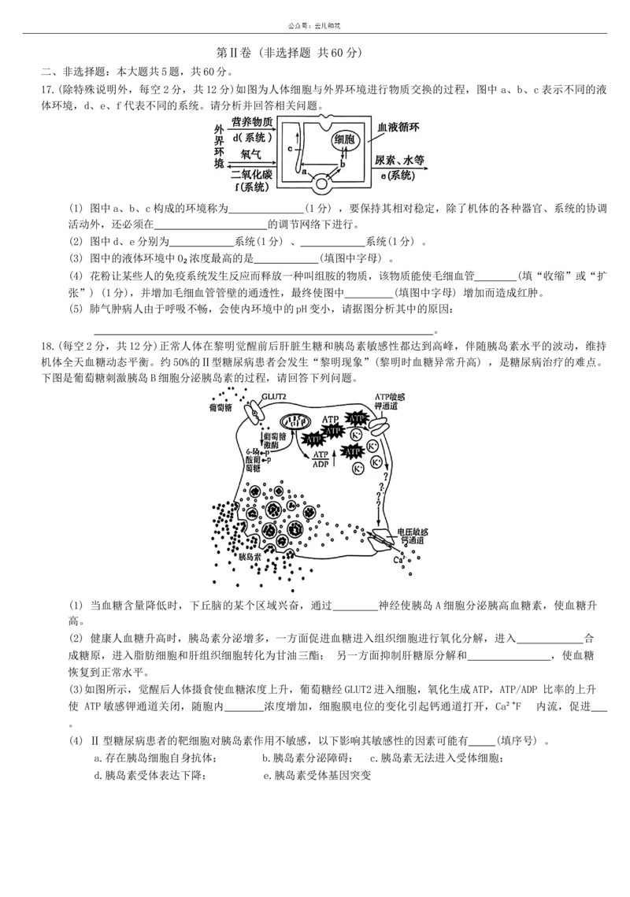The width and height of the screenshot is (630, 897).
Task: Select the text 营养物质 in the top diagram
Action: tap(252, 122)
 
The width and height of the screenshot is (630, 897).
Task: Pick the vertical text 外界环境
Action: tap(219, 146)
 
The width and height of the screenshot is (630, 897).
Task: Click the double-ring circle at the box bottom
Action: tap(322, 184)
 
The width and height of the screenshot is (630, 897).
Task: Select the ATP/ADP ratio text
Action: tap(321, 459)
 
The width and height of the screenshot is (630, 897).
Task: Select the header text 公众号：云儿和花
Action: tap(315, 26)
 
